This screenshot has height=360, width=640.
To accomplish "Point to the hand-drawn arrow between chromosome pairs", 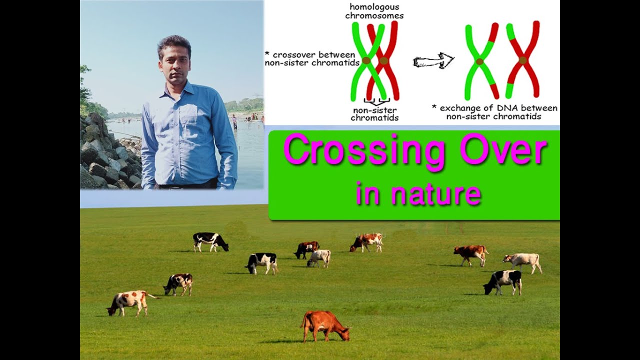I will click(433, 61).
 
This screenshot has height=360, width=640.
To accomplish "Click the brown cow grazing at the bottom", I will click(324, 324).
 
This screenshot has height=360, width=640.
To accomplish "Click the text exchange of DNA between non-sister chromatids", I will click(494, 112).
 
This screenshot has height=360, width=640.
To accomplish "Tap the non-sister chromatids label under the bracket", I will click(374, 114).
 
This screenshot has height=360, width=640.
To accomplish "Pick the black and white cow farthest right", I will click(503, 281).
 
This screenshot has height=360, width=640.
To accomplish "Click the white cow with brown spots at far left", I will click(129, 301).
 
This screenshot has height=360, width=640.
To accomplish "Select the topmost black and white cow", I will click(210, 241).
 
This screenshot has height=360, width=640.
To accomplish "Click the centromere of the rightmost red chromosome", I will click(522, 60).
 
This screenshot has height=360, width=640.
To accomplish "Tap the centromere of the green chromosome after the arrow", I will click(479, 61).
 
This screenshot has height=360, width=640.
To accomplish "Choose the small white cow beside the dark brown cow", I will click(319, 257).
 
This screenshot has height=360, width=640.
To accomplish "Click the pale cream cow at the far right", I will click(523, 261).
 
